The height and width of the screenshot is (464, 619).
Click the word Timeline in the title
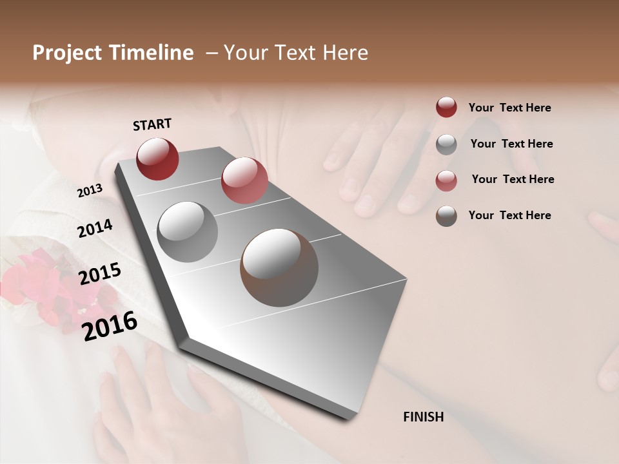coord(155,53)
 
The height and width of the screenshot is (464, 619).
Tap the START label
coord(152,124)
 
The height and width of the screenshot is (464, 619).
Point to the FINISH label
coord(424,417)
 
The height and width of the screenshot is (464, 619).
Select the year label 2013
coord(90,191)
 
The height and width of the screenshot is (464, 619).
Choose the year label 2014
coord(95,228)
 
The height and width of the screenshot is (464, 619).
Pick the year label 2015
coord(100,274)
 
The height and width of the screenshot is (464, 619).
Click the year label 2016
coord(110,326)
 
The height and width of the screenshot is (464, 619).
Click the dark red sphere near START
coord(157,159)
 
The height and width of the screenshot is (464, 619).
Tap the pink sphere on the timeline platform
coord(244,180)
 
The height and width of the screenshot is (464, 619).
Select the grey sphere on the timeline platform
coord(188,232)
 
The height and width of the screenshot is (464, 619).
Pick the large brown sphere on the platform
coord(279,267)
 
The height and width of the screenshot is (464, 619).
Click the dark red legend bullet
coord(446,107)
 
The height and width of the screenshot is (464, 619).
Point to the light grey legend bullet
coord(446,144)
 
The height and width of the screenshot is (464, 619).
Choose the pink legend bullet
coord(446,180)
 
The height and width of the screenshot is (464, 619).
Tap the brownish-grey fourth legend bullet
coord(446,216)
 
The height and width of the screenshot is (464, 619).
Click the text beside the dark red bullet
coord(509,108)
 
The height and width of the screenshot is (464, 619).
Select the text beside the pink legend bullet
coord(513,179)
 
